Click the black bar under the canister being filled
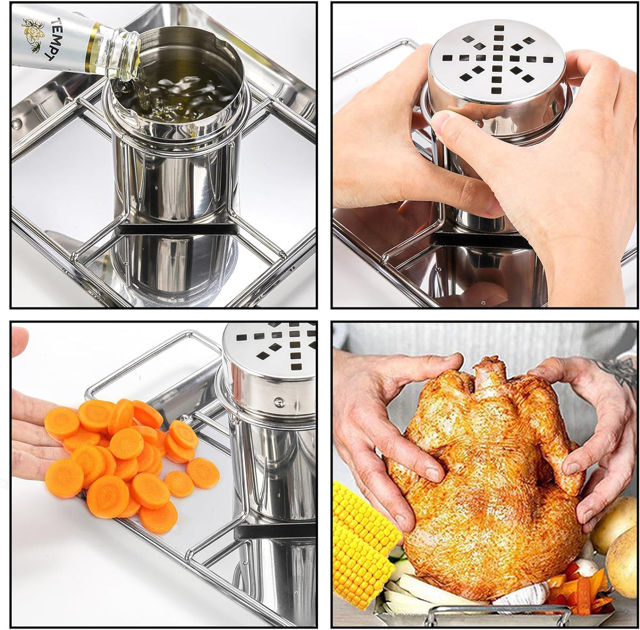click(x=176, y=229)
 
